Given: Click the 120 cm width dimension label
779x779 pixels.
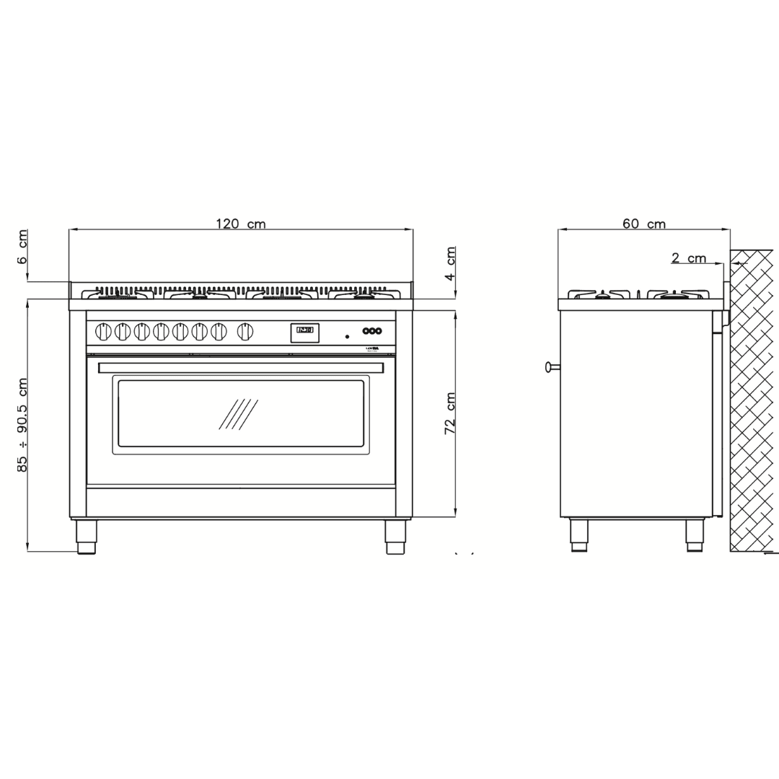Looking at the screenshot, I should (241, 224).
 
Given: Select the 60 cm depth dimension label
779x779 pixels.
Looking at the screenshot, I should (644, 224).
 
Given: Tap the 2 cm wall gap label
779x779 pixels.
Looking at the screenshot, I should (689, 258).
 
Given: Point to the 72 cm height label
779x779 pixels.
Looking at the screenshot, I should (450, 413).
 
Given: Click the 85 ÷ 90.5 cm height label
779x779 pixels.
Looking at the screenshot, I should (23, 425).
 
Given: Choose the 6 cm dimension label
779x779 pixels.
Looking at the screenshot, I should (23, 247).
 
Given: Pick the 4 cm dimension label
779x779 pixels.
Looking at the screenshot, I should (451, 263).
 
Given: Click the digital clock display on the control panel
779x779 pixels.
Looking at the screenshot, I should (304, 332).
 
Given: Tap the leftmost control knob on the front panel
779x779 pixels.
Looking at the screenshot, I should (103, 332).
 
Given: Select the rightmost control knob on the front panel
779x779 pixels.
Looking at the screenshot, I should (245, 332).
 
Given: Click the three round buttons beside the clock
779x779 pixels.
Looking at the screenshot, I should (371, 331).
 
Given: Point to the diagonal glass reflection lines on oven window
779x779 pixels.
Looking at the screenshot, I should (238, 414).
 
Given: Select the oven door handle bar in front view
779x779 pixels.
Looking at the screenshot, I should (241, 368).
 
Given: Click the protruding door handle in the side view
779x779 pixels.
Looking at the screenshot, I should (553, 367).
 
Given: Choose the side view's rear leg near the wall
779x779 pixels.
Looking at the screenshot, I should (695, 535).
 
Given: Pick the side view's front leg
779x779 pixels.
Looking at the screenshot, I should (579, 535).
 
